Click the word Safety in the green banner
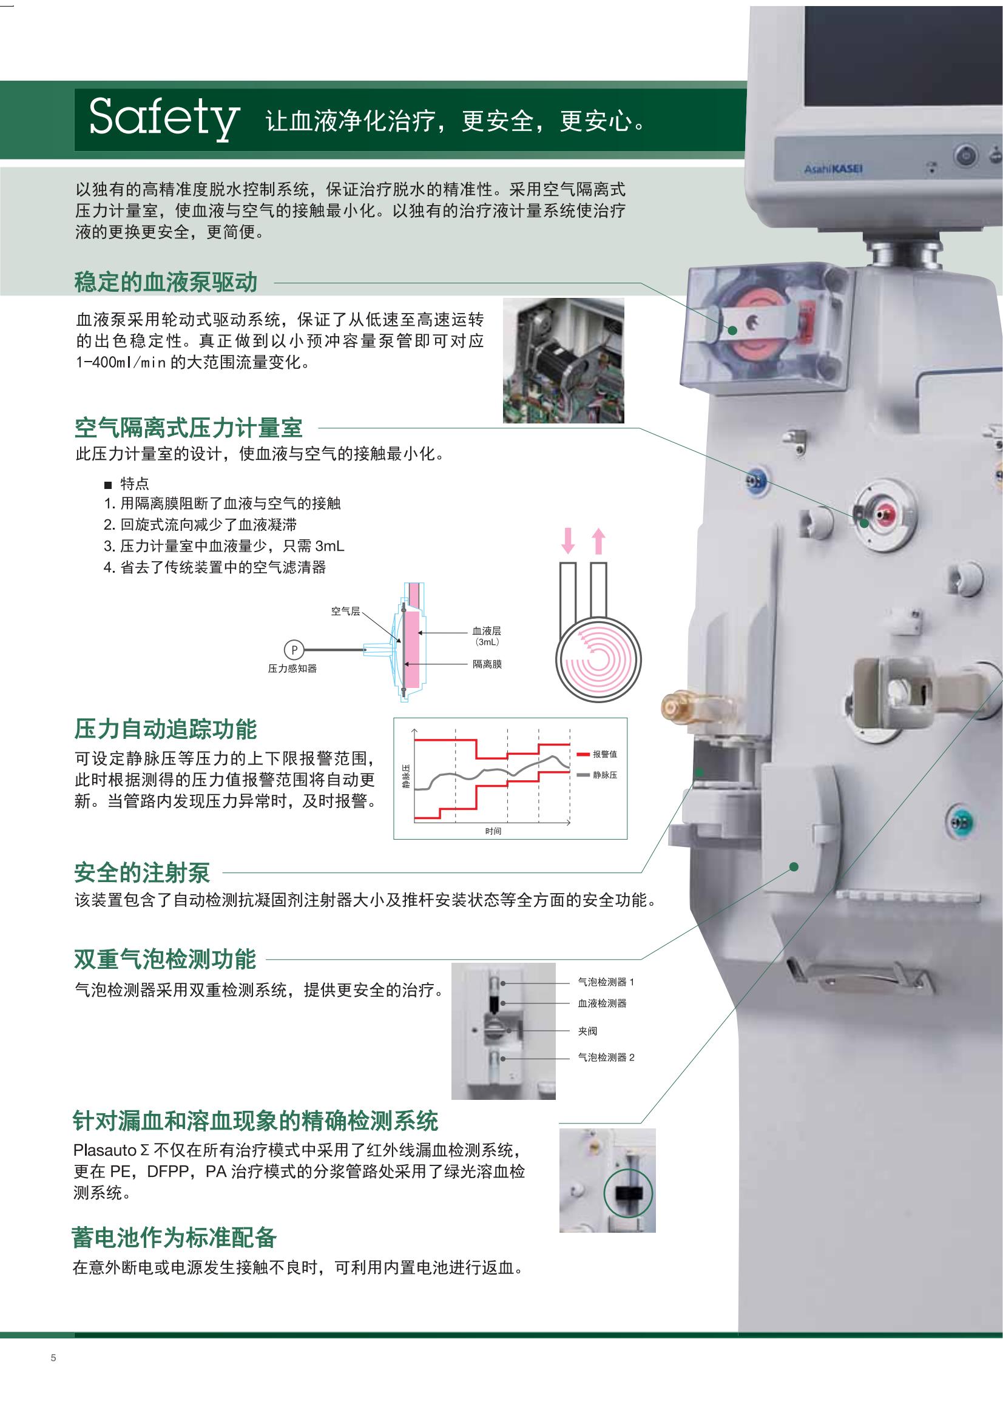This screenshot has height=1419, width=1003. click(x=164, y=118)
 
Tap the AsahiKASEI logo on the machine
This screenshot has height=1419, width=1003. click(x=833, y=168)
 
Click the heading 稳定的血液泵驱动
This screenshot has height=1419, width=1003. click(x=166, y=282)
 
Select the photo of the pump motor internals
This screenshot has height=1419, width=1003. click(x=563, y=360)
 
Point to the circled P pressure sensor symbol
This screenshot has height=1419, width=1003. click(x=294, y=650)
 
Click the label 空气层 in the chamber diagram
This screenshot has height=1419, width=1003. click(x=345, y=612)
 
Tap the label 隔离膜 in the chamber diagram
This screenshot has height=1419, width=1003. click(x=487, y=664)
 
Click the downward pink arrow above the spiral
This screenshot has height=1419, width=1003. click(x=568, y=541)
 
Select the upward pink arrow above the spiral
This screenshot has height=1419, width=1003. click(x=598, y=541)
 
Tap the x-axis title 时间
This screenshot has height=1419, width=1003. click(x=493, y=831)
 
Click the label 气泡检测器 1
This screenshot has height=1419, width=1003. click(x=606, y=982)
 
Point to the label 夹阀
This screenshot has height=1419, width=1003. click(x=587, y=1031)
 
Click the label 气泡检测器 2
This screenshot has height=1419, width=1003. click(x=606, y=1057)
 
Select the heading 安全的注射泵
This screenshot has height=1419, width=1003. click(x=142, y=872)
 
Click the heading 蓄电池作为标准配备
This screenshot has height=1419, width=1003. click(x=174, y=1237)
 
